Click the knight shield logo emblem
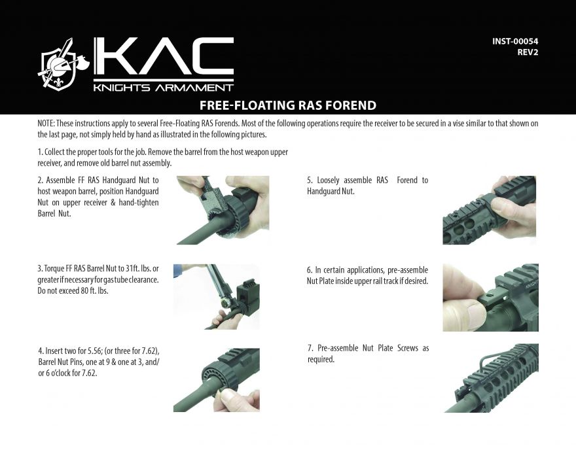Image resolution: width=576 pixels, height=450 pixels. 59,65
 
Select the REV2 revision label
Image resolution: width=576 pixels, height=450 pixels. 527,52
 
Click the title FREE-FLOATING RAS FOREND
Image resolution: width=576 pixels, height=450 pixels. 287,105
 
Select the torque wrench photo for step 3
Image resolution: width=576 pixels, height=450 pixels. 216,296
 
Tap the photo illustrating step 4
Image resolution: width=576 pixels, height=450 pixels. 216,379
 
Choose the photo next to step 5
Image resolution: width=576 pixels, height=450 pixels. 490,210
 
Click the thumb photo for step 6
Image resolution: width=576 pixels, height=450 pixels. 490,297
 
